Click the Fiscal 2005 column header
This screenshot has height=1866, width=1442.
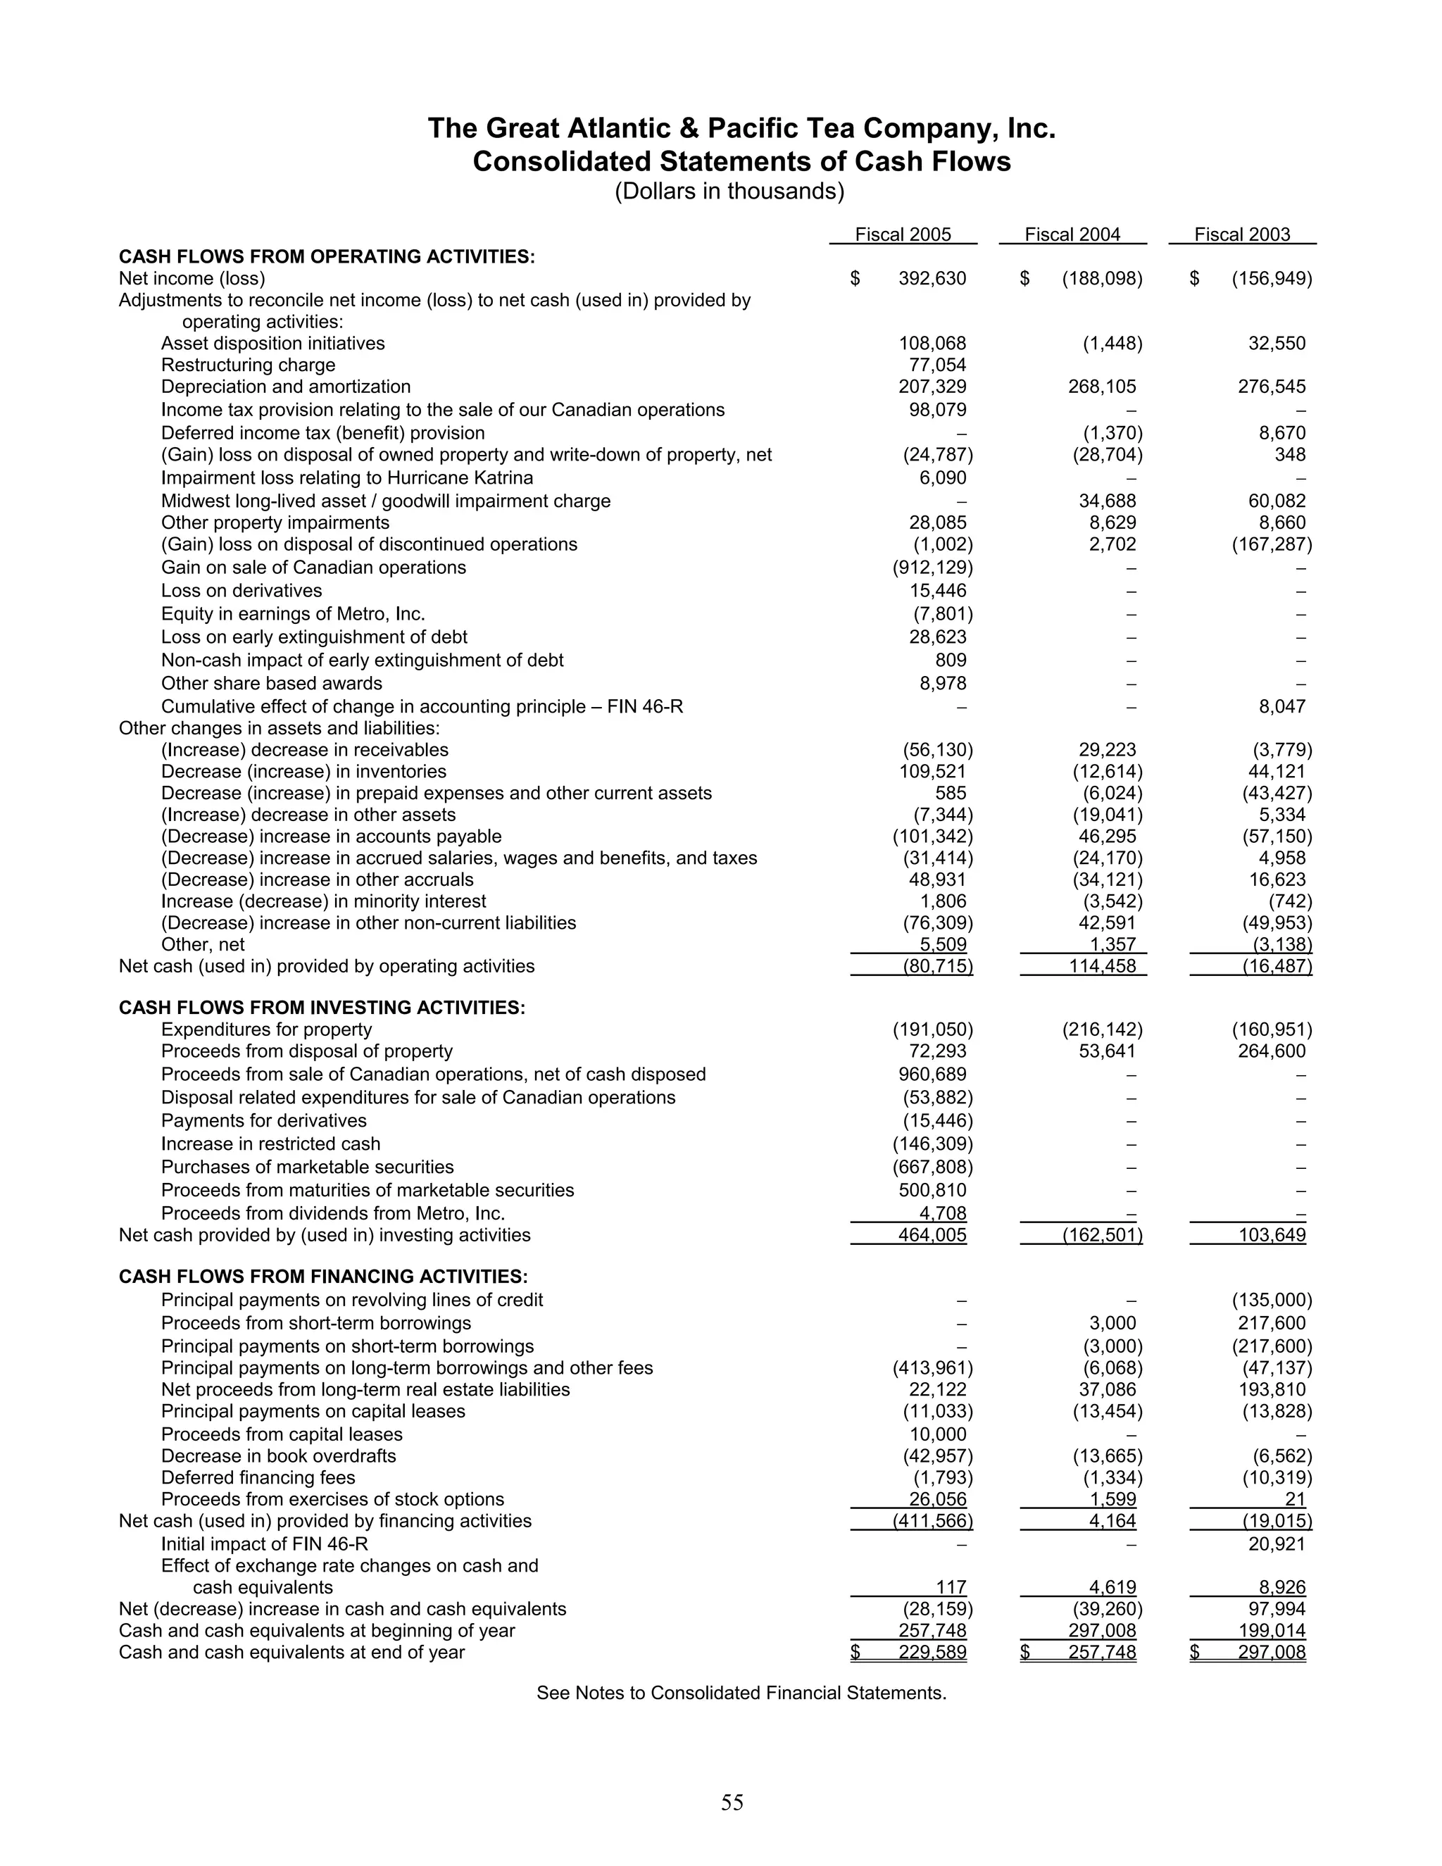pyautogui.click(x=902, y=234)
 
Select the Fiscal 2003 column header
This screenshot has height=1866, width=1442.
pyautogui.click(x=1241, y=234)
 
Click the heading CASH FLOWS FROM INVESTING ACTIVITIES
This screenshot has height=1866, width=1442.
pyautogui.click(x=321, y=1008)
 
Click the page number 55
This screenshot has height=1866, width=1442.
pyautogui.click(x=732, y=1802)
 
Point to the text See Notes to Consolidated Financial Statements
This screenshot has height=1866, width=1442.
pyautogui.click(x=741, y=1693)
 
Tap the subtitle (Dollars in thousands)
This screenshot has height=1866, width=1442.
pyautogui.click(x=729, y=192)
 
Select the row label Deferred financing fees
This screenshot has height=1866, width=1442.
pyautogui.click(x=258, y=1477)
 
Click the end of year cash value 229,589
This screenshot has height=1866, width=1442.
pyautogui.click(x=932, y=1651)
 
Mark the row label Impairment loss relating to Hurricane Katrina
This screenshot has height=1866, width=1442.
pyautogui.click(x=347, y=477)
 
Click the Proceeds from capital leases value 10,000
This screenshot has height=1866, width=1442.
pyautogui.click(x=937, y=1434)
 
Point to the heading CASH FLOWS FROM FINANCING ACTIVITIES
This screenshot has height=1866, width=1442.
pyautogui.click(x=323, y=1277)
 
